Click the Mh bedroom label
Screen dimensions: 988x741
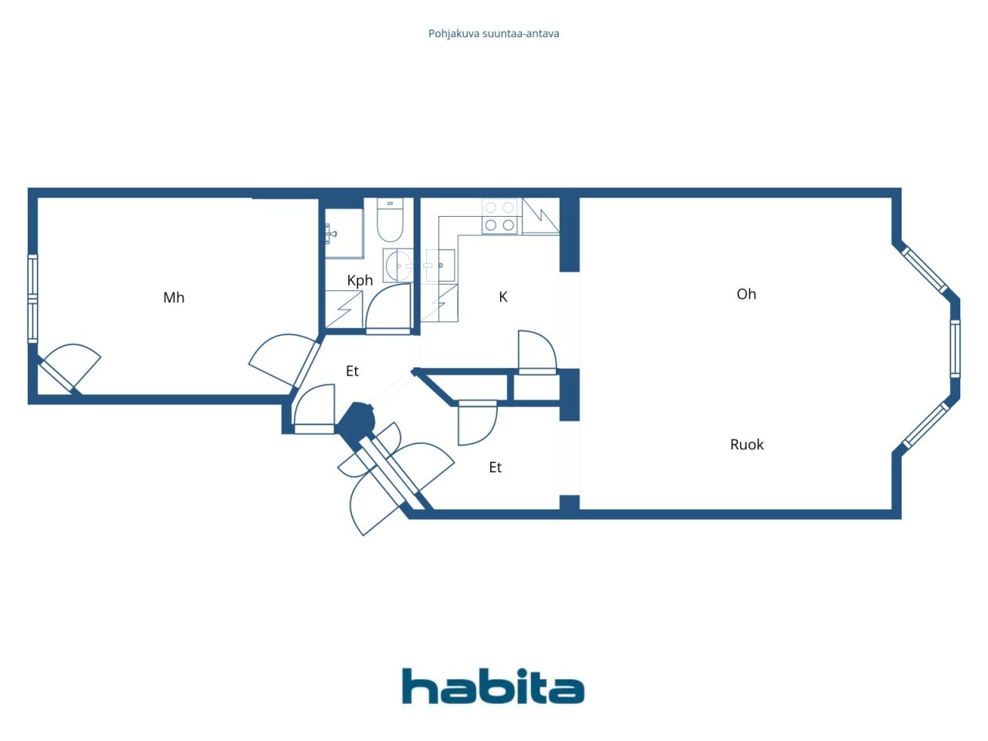pos(174,297)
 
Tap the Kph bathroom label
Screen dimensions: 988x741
pos(360,280)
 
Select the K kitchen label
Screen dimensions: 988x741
pos(503,297)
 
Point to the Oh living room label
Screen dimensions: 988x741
pos(746,294)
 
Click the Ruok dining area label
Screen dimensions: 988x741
pos(746,445)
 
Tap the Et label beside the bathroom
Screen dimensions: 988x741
pos(352,371)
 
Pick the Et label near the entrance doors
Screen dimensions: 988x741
pos(495,468)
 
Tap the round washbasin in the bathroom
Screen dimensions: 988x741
pos(398,265)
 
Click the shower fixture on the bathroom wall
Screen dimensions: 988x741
pos(331,234)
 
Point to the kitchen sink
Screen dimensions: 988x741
pos(440,266)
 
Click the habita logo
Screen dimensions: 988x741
pos(493,686)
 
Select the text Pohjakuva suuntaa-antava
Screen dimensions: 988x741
pos(493,34)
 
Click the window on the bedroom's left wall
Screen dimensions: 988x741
pos(32,299)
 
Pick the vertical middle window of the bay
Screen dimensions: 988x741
pos(955,349)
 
